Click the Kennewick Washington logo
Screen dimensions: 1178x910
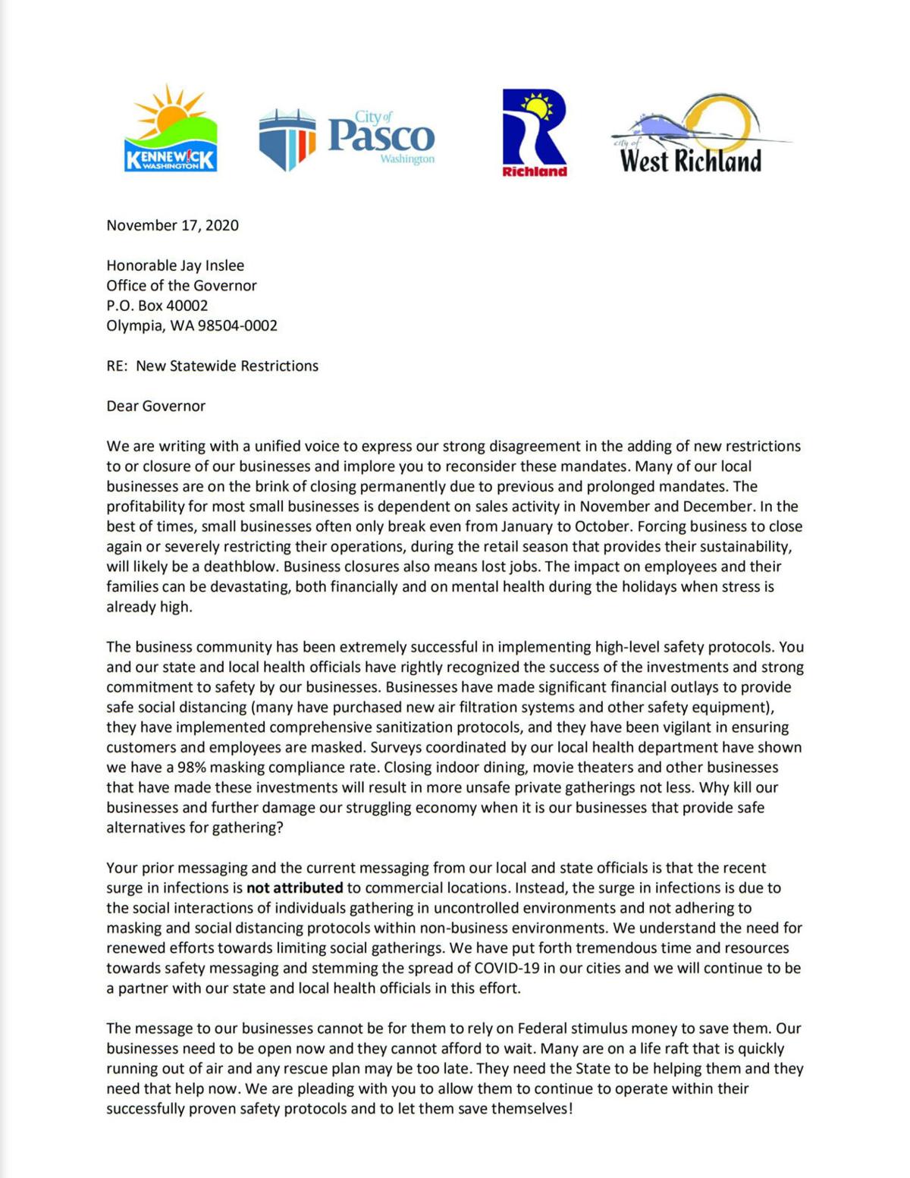pyautogui.click(x=171, y=130)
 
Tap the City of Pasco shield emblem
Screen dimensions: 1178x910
pyautogui.click(x=287, y=139)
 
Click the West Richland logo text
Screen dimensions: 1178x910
pyautogui.click(x=690, y=161)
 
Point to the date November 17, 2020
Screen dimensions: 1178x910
pyautogui.click(x=172, y=225)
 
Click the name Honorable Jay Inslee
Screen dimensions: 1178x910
pyautogui.click(x=175, y=265)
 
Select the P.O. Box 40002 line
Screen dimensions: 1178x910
pyautogui.click(x=157, y=306)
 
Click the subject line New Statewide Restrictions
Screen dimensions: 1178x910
pyautogui.click(x=227, y=366)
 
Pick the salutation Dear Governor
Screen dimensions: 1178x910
pyautogui.click(x=155, y=406)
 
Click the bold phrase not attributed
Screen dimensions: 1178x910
pyautogui.click(x=294, y=887)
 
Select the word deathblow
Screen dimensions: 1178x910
pyautogui.click(x=243, y=567)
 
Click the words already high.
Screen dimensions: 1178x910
pyautogui.click(x=149, y=607)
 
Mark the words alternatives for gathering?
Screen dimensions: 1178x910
pyautogui.click(x=195, y=828)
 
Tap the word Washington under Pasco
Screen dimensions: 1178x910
pyautogui.click(x=407, y=159)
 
